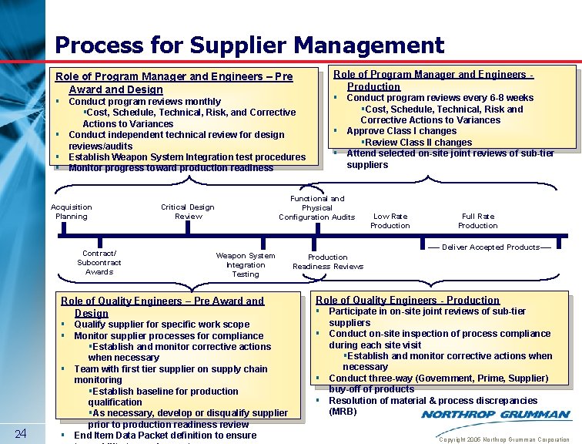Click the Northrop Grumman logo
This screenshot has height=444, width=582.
coord(496,415)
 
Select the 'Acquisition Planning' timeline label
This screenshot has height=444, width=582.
coord(72,211)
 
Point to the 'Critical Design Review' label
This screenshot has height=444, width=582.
coord(187,211)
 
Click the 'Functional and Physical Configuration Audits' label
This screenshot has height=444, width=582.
coord(317,208)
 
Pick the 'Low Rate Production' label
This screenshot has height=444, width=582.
coord(390,220)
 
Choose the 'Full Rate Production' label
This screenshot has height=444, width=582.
coord(477,220)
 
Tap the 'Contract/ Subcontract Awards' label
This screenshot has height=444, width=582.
coord(99,262)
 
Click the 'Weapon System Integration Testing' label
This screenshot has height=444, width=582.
coord(245,264)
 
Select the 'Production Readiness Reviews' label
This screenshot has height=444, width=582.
coord(328,261)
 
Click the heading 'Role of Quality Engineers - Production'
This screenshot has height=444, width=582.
coord(407,300)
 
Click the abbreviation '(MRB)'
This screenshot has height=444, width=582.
coord(343,412)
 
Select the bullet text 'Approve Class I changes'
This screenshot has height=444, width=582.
coord(401,131)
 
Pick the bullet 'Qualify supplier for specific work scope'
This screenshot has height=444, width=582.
coord(162,325)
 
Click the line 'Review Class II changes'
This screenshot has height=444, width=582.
coord(419,142)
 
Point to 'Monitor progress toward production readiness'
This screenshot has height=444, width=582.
coord(171,167)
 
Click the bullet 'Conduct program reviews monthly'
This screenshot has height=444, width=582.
coord(145,101)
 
